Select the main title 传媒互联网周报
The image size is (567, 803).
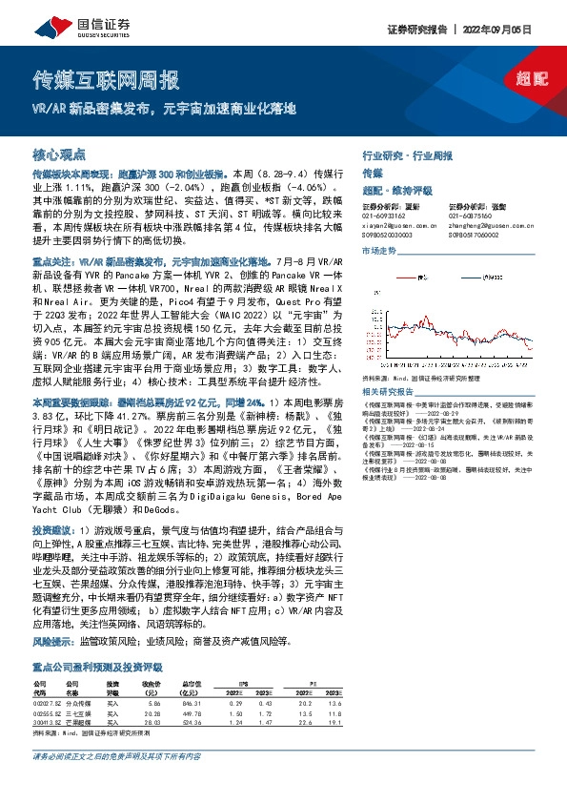[x=105, y=78]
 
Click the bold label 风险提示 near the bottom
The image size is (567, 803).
[x=52, y=644]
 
